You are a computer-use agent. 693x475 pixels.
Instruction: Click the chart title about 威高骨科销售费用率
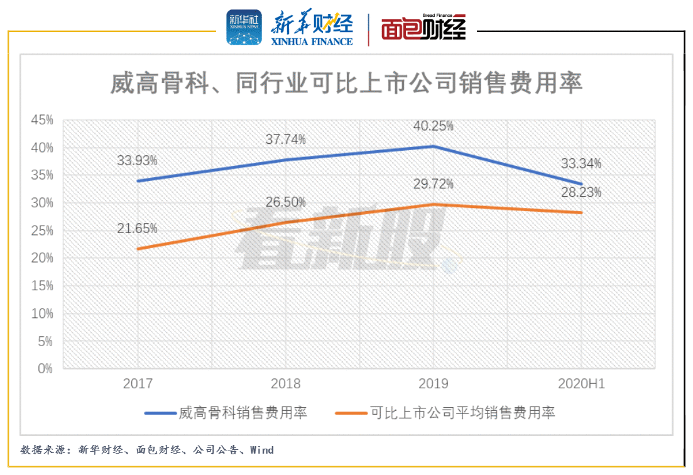click(x=347, y=82)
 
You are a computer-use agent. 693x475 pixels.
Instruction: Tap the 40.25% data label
click(x=433, y=126)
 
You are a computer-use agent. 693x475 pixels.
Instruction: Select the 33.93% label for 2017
click(x=137, y=160)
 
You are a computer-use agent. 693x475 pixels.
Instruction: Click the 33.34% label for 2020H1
click(x=581, y=164)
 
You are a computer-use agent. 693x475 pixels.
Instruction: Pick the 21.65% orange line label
click(x=137, y=228)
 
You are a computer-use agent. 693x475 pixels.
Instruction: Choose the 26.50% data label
click(x=285, y=202)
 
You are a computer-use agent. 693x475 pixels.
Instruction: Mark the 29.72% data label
click(x=433, y=184)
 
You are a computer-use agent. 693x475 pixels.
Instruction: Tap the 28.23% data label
click(x=581, y=192)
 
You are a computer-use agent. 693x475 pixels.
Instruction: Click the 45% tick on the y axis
click(x=43, y=120)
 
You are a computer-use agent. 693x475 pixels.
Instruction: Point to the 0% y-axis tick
click(x=45, y=368)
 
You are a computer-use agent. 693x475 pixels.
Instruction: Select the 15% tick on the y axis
click(x=43, y=286)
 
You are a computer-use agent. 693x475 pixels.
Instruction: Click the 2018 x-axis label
click(x=285, y=384)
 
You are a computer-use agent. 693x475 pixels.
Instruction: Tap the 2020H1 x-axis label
click(x=581, y=384)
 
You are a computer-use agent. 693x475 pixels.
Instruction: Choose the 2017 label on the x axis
click(x=137, y=384)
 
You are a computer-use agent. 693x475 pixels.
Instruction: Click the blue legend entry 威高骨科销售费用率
click(x=226, y=413)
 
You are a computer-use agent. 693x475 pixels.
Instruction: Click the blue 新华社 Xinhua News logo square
click(x=244, y=28)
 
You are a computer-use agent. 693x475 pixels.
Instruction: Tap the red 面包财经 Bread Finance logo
click(x=423, y=29)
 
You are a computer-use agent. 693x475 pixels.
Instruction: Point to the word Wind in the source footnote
click(x=262, y=450)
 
